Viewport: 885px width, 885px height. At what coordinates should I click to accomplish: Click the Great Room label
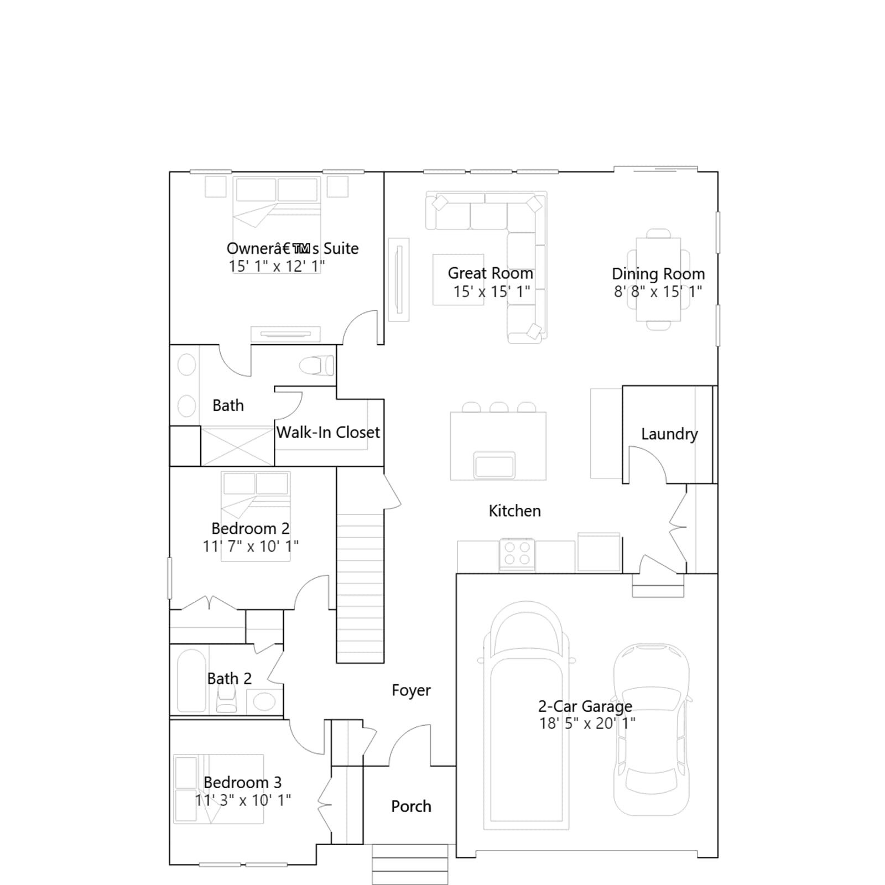tap(490, 273)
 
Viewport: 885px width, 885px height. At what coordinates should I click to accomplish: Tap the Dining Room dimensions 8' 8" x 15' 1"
tap(658, 291)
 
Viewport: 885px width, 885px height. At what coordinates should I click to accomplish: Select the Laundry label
tap(669, 434)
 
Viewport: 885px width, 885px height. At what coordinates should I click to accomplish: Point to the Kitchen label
tap(514, 511)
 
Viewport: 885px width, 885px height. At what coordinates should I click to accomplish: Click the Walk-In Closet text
tap(328, 433)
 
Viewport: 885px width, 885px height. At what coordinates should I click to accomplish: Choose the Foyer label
tap(411, 690)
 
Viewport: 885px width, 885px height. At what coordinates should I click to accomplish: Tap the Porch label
tap(411, 806)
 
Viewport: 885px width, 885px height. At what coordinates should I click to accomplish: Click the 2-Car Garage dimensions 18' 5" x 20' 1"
tap(587, 723)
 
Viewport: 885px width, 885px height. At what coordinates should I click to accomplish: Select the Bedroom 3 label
tap(242, 783)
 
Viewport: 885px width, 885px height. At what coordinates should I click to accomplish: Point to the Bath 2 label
tap(229, 679)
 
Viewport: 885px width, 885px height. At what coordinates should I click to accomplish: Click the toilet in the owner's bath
tap(317, 366)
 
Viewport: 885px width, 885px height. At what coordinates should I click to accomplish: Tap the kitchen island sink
tap(494, 465)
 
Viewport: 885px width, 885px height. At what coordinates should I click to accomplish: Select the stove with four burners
tap(517, 554)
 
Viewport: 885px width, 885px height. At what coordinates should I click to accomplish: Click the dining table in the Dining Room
tap(658, 279)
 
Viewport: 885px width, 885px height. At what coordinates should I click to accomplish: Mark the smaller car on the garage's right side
tap(652, 730)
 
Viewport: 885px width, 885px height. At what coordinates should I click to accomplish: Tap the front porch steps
tap(410, 864)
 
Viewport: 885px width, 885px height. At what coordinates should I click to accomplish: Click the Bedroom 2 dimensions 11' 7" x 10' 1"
tap(251, 546)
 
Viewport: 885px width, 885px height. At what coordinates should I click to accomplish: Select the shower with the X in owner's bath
tap(237, 446)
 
